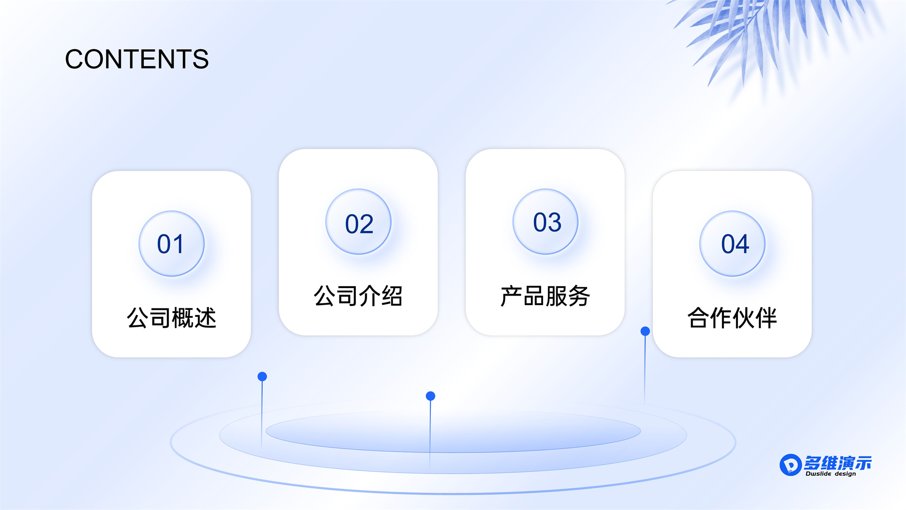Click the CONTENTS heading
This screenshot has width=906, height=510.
coord(137,59)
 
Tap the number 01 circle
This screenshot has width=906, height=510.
coord(171,244)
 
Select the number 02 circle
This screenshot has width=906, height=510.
coord(359,222)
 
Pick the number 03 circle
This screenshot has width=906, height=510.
coord(545,222)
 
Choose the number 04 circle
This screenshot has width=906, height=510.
coord(732,244)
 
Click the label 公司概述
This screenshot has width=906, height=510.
coord(171,317)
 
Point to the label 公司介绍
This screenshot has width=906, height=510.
coord(358,296)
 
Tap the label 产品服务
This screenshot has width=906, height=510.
coord(545,296)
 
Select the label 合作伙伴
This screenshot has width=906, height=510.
coord(732,317)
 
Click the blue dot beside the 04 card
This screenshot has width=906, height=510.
coord(645,331)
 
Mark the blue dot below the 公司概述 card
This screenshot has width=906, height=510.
coord(262,376)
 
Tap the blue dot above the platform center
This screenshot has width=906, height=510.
coord(430,396)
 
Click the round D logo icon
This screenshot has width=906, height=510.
coord(790,465)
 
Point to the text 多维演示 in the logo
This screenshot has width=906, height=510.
coord(838,463)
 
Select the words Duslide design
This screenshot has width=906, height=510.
coord(830,474)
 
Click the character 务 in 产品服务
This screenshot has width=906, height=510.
coord(579,296)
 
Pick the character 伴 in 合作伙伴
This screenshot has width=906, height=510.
coord(766,317)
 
